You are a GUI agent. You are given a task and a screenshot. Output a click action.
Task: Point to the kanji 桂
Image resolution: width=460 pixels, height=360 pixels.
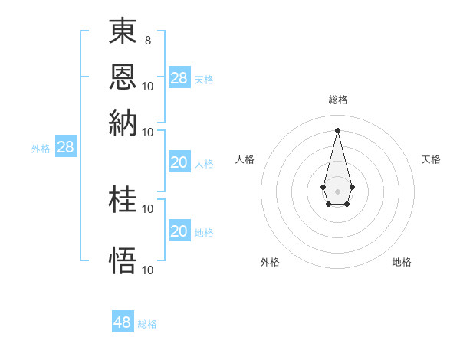123,201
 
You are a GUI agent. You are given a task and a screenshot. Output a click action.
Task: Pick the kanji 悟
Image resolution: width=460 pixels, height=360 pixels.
123,260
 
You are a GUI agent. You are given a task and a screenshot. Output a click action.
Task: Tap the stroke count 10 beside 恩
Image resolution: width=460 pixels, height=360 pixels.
148,85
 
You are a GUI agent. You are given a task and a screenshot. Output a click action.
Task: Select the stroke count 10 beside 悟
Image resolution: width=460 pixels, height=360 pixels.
148,270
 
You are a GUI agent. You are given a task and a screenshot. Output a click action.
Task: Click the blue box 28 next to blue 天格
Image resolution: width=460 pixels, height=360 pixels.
179,78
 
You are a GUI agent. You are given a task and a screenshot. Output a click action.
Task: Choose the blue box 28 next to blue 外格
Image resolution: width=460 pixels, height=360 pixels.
66,148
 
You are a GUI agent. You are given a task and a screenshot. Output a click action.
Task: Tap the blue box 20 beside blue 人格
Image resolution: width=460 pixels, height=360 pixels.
179,162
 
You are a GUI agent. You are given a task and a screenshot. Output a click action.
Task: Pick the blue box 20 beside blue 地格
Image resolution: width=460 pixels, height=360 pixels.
179,231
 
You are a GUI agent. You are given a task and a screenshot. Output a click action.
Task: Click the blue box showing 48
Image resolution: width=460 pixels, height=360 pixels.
123,322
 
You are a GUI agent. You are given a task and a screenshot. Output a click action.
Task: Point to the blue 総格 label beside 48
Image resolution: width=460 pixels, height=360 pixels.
147,324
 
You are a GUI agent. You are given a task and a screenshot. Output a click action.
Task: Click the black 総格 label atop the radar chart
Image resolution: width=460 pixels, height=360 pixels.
337,100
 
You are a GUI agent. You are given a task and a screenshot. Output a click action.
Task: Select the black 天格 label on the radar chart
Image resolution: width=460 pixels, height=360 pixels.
432,159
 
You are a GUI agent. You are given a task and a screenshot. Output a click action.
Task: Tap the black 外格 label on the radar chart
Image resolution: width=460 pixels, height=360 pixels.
270,262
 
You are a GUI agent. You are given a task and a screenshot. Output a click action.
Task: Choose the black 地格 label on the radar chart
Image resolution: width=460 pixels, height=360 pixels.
402,262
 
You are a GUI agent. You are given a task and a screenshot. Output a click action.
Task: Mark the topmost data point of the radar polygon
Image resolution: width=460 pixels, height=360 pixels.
337,129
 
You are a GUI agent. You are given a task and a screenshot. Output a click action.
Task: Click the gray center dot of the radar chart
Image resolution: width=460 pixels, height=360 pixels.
337,190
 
